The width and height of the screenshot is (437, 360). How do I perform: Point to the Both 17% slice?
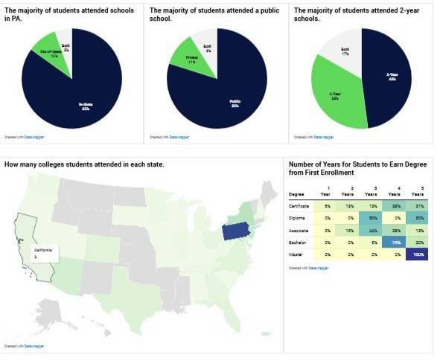tap(345, 51)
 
